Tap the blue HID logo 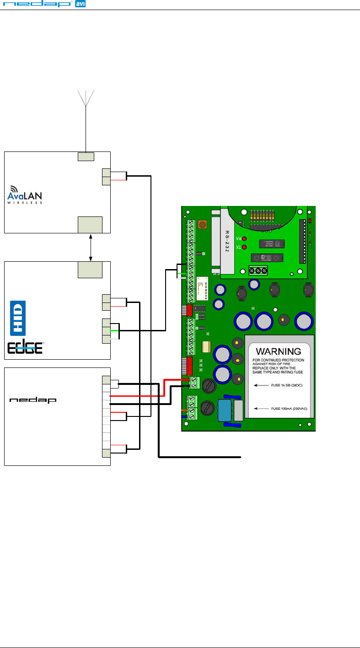(x=17, y=318)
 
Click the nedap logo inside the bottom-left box (x=33, y=400)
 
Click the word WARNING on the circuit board (x=278, y=352)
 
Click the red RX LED (x=245, y=239)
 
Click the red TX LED (x=245, y=248)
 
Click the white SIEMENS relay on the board (x=203, y=288)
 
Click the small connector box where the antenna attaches (x=86, y=157)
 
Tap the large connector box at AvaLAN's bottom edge (x=90, y=225)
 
